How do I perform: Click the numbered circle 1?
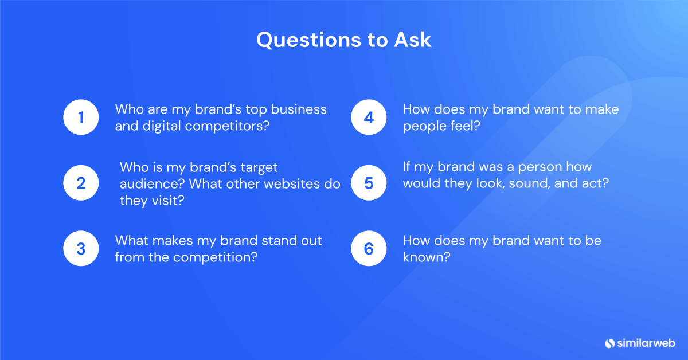81,118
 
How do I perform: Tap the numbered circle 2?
81,183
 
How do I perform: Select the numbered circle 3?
81,249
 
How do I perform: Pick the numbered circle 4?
369,118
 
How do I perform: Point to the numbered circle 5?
369,183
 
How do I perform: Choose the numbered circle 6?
369,249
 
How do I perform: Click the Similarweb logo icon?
609,343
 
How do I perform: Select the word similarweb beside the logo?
646,343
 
